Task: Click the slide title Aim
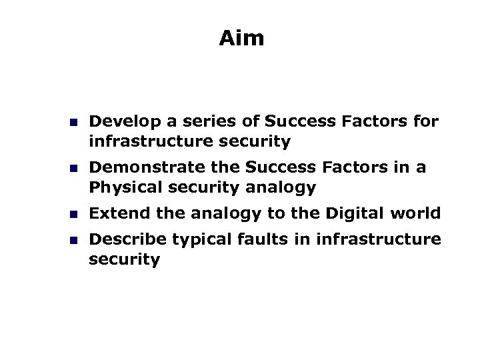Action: coord(241,39)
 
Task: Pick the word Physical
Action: coord(119,188)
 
